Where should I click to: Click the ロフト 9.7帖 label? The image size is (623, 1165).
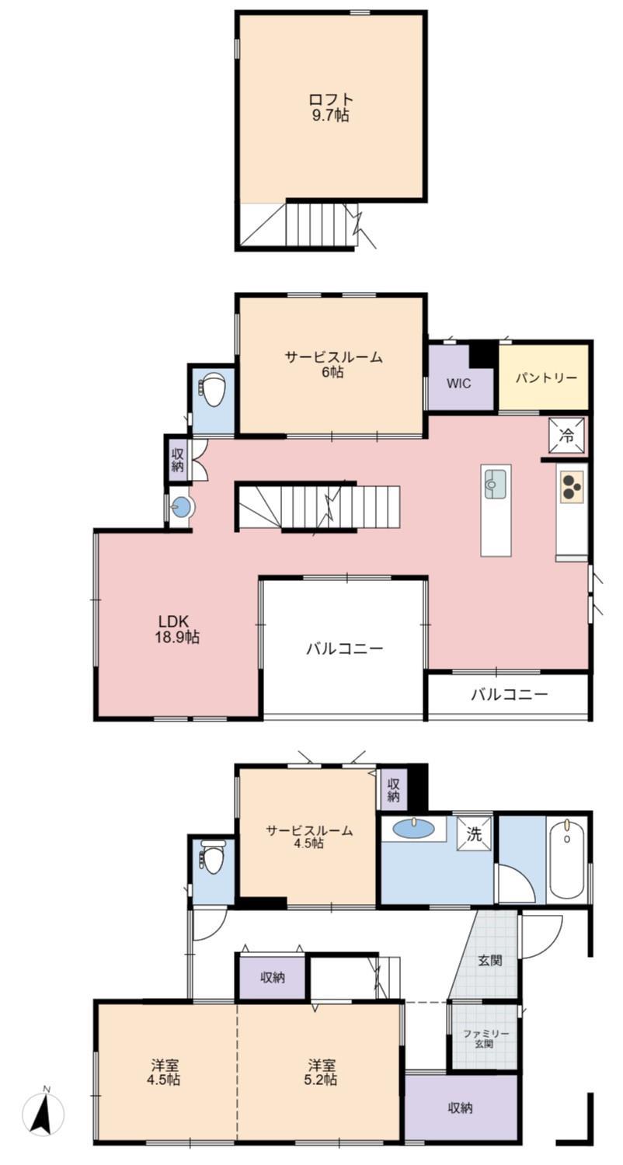tap(332, 107)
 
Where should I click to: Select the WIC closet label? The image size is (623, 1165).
tap(458, 384)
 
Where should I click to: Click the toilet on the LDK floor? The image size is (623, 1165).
tap(213, 388)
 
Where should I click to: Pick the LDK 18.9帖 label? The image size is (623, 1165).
tap(179, 629)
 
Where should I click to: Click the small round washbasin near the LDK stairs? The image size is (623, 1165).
tap(182, 508)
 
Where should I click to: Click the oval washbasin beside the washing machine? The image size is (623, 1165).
tap(414, 828)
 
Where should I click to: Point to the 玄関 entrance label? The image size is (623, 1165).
tap(489, 960)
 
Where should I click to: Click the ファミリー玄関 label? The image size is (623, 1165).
tap(486, 1038)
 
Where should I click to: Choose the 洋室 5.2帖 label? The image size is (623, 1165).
tap(321, 1072)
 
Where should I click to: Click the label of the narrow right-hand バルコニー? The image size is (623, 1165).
tap(509, 694)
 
